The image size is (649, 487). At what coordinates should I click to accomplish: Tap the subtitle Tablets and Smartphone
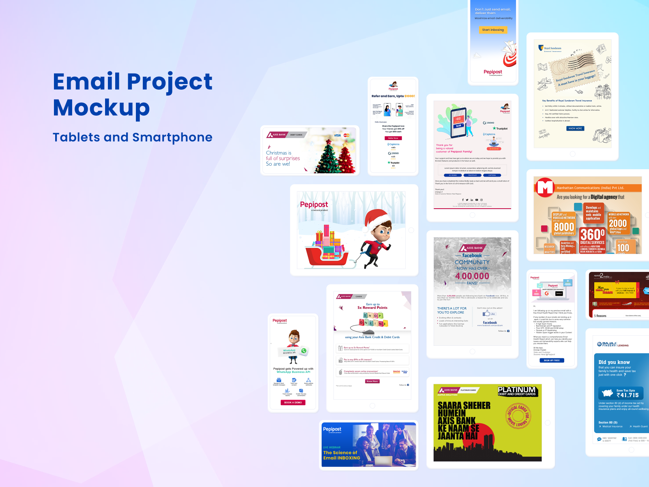pos(132,137)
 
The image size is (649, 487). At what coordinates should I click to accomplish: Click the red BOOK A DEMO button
pos(293,403)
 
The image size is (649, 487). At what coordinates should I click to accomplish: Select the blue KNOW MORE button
pos(575,128)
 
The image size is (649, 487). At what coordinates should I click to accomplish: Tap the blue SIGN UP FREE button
pos(552,360)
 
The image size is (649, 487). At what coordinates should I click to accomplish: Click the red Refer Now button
pos(393,138)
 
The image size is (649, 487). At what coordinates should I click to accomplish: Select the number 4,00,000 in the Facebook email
pos(472,276)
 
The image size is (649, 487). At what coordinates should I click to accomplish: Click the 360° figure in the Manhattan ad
pos(592,235)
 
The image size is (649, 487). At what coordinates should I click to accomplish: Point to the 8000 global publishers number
pos(564,227)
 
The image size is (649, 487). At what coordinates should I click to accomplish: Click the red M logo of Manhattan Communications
pos(545,187)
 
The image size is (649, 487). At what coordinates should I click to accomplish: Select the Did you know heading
pos(614,362)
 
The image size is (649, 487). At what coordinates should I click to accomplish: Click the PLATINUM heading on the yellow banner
pos(517,390)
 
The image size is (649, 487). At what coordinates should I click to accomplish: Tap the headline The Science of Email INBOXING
pos(342,455)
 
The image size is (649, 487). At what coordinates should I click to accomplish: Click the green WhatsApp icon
pos(304,351)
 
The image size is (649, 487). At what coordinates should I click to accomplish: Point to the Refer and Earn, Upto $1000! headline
pos(393,96)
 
